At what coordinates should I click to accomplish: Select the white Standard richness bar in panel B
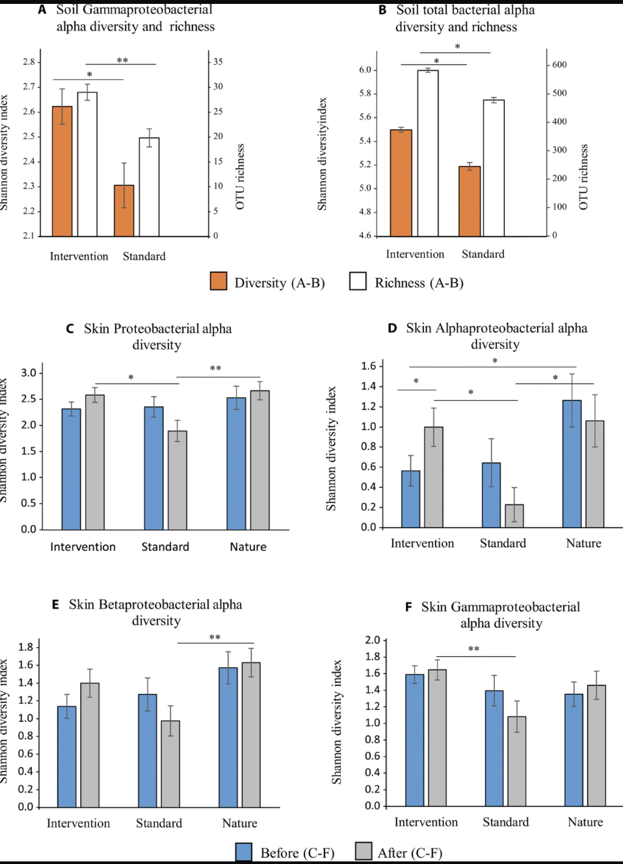coord(494,168)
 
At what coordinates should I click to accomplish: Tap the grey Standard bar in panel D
coord(514,516)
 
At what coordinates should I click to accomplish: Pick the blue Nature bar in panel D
coord(572,464)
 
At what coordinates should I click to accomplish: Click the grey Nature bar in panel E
coord(251,735)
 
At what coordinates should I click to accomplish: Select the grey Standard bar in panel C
coord(177,480)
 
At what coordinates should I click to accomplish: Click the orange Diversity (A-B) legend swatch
coord(219,281)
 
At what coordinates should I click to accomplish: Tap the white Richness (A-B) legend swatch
coord(358,281)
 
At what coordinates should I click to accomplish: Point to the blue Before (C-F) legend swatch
coord(244,852)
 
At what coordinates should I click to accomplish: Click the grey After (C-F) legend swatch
coord(364,851)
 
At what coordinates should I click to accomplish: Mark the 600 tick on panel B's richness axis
coord(559,65)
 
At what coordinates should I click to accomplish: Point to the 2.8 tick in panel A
coord(29,62)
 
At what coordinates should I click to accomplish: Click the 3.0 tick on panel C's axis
coord(29,373)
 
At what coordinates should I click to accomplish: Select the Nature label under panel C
coord(248,547)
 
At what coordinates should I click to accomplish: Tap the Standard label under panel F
coord(505,822)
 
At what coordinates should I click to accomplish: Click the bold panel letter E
coord(56,605)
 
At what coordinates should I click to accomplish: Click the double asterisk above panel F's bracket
coord(473,649)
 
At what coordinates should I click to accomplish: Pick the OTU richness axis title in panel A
coord(241,177)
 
